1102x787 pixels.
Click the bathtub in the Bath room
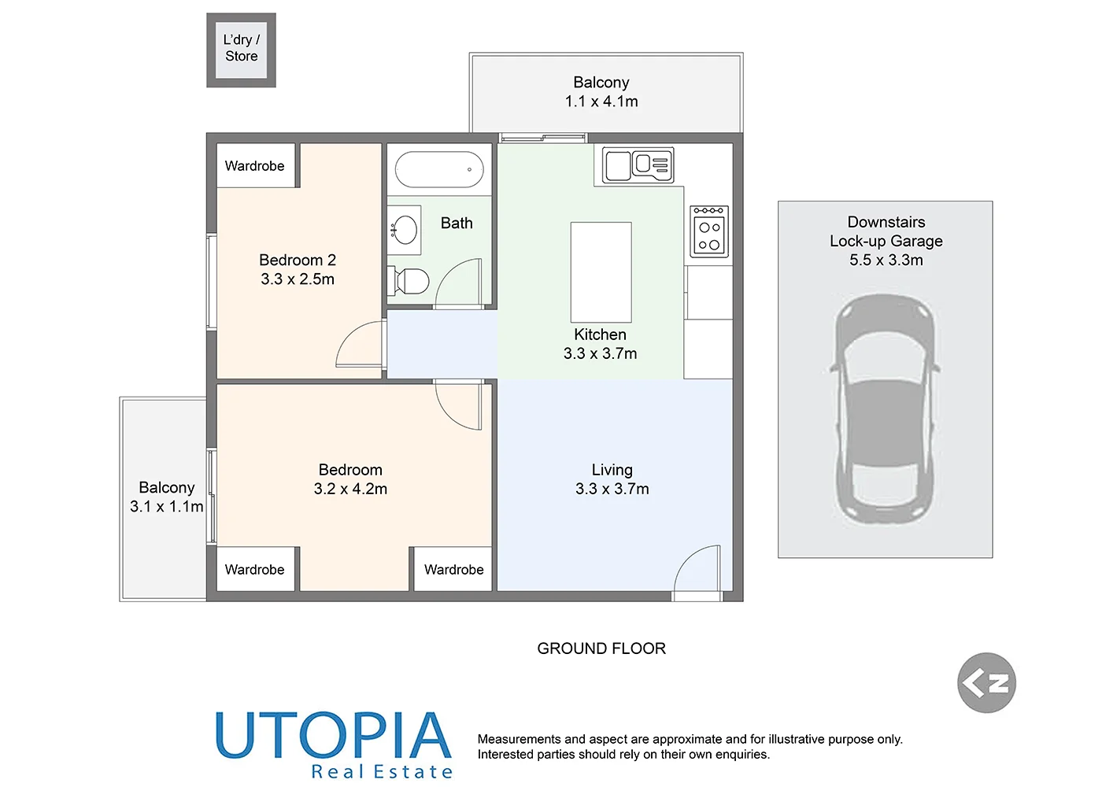tap(438, 169)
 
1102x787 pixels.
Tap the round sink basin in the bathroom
tap(405, 230)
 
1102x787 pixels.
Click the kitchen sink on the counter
tap(638, 165)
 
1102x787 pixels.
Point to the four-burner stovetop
tap(709, 231)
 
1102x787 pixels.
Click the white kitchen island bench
tap(601, 272)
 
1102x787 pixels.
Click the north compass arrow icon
tap(986, 682)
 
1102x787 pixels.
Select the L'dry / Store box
tap(241, 50)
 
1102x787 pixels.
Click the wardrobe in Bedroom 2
tap(255, 165)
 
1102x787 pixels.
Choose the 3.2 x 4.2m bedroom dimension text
tap(350, 489)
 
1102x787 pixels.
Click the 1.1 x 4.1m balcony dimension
tap(601, 102)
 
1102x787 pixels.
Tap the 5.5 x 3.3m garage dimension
tap(886, 260)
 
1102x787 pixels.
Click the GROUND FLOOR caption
tap(601, 648)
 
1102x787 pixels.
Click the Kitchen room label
tap(600, 334)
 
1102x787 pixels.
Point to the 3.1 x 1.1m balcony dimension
tap(167, 507)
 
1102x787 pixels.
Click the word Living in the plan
tap(612, 470)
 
